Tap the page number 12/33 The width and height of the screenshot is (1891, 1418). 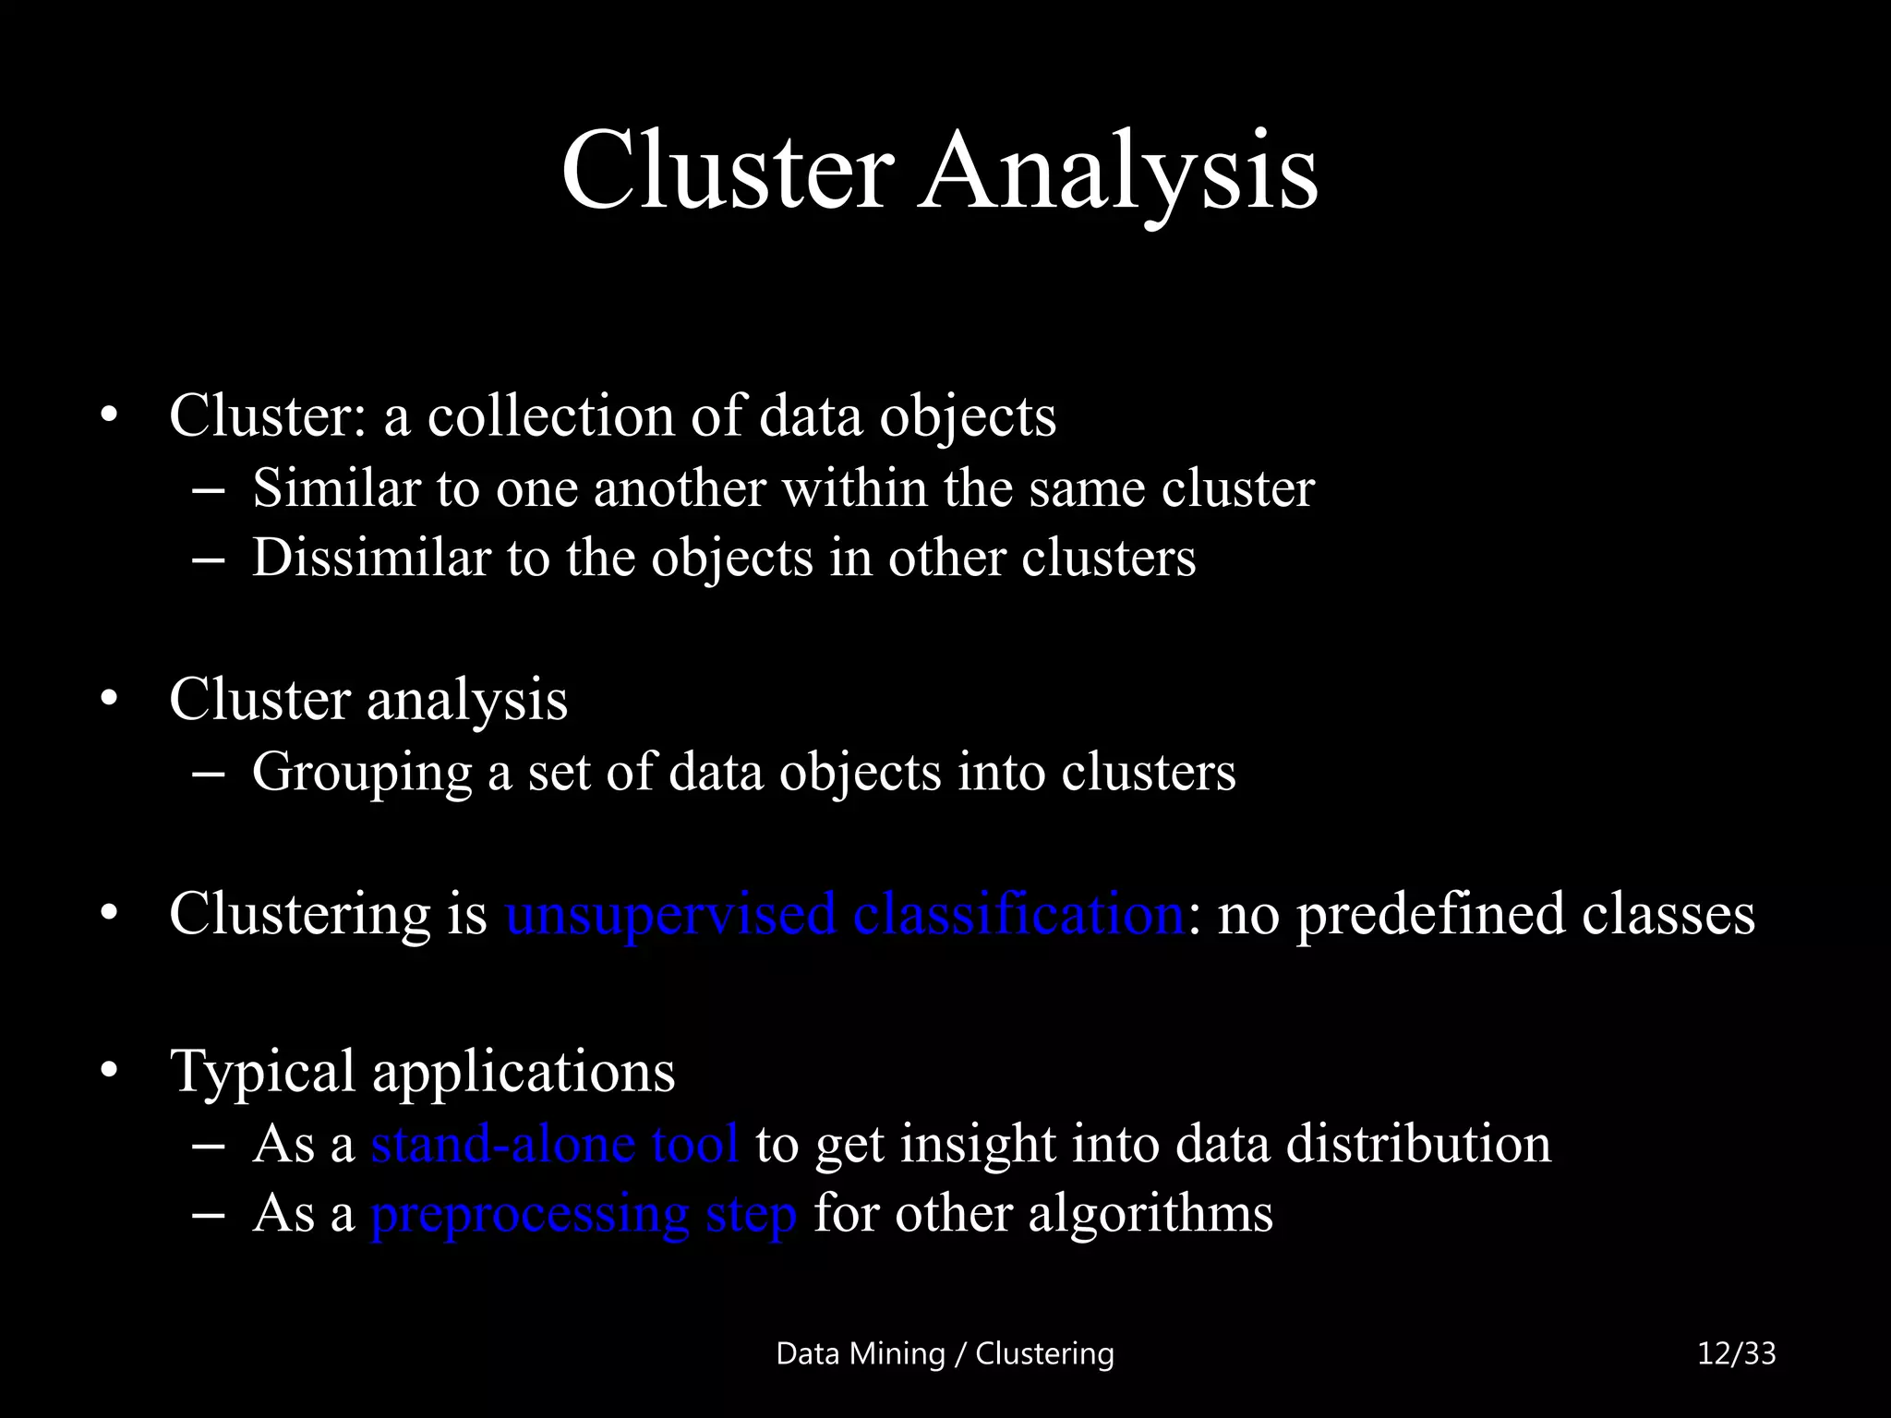(x=1736, y=1353)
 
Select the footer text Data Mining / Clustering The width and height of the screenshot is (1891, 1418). (x=945, y=1353)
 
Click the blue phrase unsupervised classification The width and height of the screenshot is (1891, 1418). (x=845, y=914)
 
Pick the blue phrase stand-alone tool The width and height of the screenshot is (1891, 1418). (x=554, y=1144)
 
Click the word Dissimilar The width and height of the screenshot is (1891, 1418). (x=370, y=558)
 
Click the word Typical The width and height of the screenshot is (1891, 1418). (x=262, y=1073)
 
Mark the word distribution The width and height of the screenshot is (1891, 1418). (x=1418, y=1144)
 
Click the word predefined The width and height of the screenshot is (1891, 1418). (x=1430, y=914)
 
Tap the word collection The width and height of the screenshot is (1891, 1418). (x=550, y=416)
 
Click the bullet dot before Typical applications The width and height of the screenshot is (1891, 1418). (x=110, y=1072)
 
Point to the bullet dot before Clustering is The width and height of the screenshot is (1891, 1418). (x=110, y=914)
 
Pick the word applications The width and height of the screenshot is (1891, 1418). (x=524, y=1073)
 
